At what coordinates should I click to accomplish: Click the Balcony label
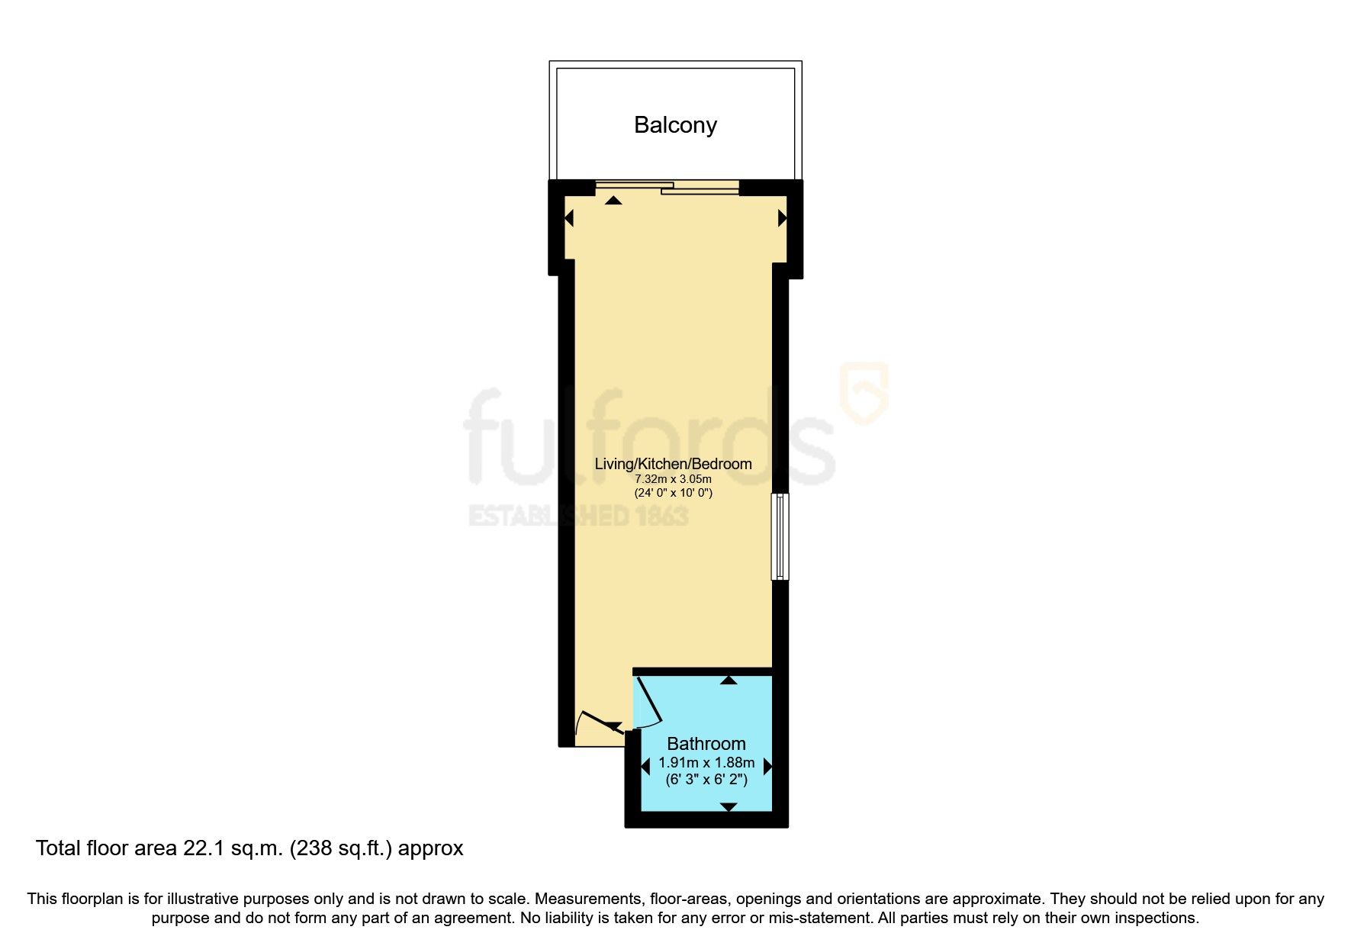675,125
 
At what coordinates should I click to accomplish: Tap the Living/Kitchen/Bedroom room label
673,464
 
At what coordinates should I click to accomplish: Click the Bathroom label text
706,744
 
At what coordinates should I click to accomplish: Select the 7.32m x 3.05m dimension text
673,479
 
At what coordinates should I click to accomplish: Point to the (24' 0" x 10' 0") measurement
673,493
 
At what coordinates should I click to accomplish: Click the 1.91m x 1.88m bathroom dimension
706,763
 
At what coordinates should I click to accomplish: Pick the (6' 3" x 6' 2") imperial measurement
706,780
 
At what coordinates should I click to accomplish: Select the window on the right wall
780,536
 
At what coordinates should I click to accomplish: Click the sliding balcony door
667,187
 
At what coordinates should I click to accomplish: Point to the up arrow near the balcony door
613,201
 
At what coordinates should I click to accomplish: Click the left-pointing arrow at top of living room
568,219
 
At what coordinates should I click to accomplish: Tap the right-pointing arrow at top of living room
782,219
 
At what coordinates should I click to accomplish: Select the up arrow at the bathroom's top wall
729,680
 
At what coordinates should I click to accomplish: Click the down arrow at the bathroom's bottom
729,806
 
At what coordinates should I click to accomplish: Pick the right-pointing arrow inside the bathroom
767,767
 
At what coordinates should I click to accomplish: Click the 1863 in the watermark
662,516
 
